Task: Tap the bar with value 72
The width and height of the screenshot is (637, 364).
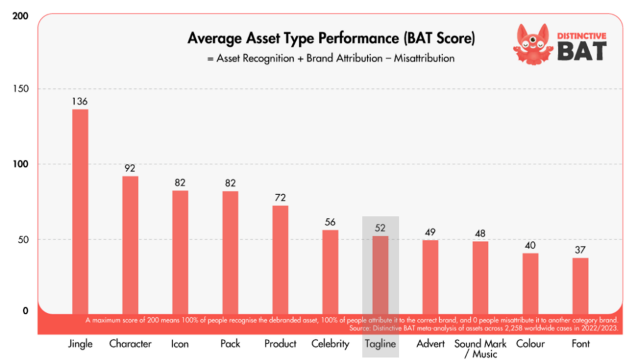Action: (x=280, y=258)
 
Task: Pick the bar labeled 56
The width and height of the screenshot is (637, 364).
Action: (x=330, y=271)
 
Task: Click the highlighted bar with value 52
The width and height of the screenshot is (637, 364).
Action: (x=380, y=274)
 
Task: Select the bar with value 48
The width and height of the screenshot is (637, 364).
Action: (x=480, y=276)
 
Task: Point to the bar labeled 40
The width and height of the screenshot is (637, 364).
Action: (x=530, y=282)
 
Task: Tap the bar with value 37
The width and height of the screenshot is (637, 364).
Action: (x=580, y=284)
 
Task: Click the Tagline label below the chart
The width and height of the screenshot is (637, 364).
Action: (x=380, y=343)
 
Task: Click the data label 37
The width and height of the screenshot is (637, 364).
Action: (x=580, y=250)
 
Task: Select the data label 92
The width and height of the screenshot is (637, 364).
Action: (x=130, y=169)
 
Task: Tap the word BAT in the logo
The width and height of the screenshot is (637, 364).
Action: (x=581, y=50)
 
